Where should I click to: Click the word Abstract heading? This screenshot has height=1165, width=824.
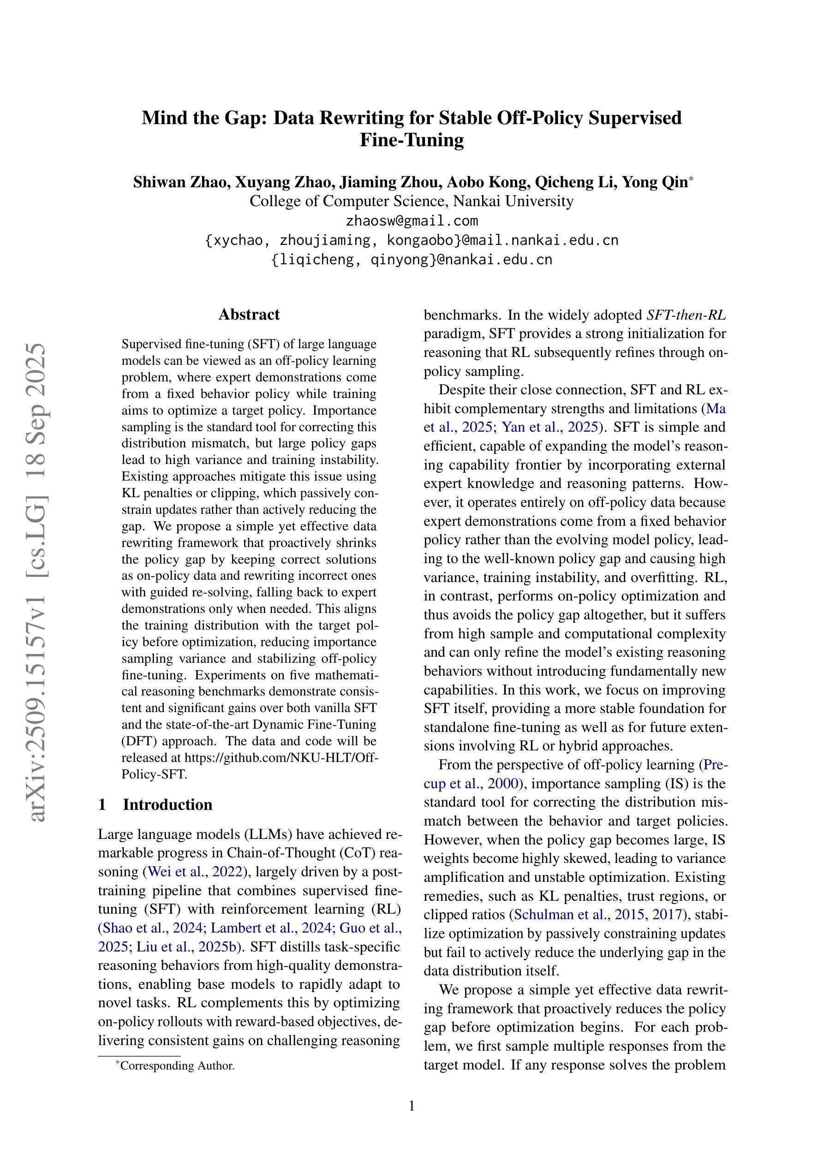249,315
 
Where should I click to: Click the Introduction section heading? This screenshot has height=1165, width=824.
167,804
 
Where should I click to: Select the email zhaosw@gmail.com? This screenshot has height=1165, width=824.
412,221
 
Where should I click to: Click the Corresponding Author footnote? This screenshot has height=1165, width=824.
177,1065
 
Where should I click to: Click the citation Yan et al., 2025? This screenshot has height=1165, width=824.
549,427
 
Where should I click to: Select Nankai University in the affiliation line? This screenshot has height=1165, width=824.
513,201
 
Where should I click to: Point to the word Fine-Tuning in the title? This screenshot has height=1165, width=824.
412,140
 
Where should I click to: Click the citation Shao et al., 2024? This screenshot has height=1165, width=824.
151,928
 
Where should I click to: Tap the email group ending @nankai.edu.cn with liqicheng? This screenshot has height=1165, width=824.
412,260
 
